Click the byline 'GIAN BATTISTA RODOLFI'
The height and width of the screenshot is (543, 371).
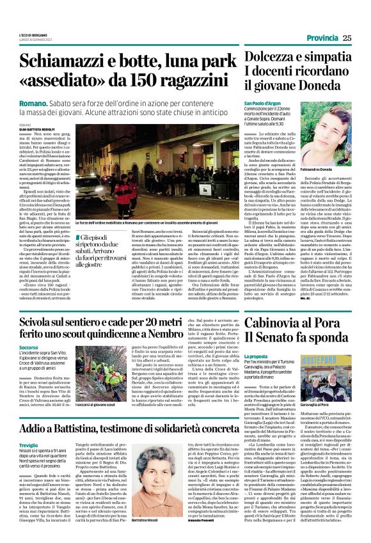37,129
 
